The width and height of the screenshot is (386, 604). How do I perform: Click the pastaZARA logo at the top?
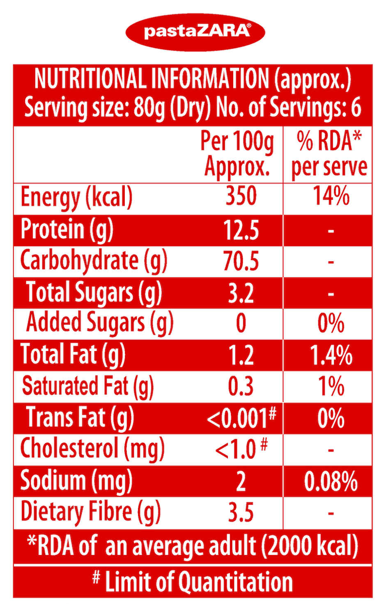coord(195,32)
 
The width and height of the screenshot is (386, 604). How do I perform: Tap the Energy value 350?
coord(241,196)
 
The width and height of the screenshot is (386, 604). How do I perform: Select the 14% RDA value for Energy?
coord(331,196)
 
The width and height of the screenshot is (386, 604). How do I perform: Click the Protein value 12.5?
coord(241,230)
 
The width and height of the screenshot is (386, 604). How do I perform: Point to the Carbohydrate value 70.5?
coord(241,261)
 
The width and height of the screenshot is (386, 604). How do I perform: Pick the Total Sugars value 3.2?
coord(241,293)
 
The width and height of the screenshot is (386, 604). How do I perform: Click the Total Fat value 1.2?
coord(241,355)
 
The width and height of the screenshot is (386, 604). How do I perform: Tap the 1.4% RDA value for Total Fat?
coord(331,355)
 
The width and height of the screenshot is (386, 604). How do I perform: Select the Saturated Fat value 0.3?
coord(241,387)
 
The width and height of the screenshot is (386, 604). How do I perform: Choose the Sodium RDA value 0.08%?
coord(331,481)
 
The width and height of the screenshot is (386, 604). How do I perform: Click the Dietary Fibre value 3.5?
coord(241,513)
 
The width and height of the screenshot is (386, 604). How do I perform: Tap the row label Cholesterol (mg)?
coord(92,449)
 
